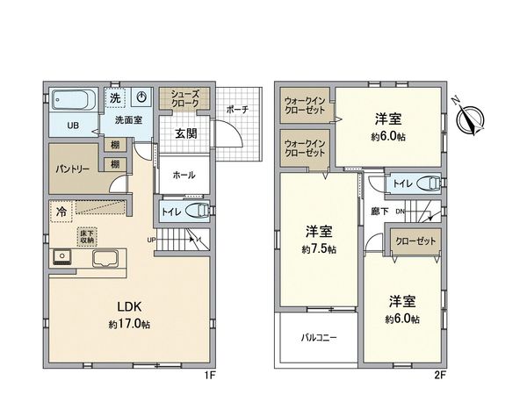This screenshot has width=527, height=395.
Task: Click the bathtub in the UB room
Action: [x=74, y=100]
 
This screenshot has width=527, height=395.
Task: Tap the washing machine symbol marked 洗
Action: [x=115, y=98]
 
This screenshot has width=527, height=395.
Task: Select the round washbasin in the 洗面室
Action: [x=142, y=97]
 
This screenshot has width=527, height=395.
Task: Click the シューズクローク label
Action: [x=184, y=98]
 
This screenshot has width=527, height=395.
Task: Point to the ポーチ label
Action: [x=237, y=110]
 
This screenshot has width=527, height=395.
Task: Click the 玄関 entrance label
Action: [x=186, y=133]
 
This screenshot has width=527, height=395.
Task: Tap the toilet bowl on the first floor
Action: [x=198, y=212]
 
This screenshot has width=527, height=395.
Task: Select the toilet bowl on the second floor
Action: [x=429, y=183]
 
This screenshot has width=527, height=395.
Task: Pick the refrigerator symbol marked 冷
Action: [x=61, y=212]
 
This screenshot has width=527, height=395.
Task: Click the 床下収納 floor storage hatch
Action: [x=87, y=237]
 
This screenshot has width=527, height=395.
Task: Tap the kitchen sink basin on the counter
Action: [x=105, y=259]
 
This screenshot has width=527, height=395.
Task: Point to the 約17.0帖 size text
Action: [x=129, y=325]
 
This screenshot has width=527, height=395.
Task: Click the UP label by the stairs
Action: [x=151, y=241]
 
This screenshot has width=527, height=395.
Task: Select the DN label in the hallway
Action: [x=400, y=212]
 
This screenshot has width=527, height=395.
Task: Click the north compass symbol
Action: [x=470, y=118]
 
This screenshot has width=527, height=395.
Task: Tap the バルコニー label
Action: [x=319, y=338]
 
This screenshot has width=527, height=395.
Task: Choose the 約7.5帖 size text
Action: [x=319, y=249]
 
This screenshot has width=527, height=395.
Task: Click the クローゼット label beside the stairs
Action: [x=415, y=241]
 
